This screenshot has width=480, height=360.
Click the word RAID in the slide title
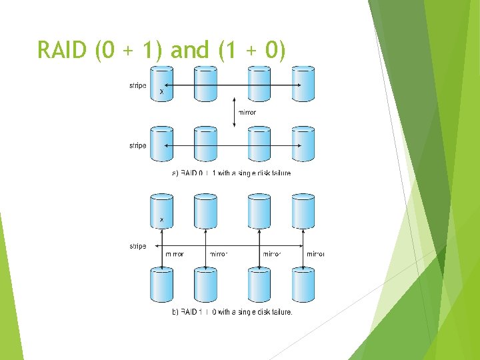click(63, 50)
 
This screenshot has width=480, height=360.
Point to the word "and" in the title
click(190, 50)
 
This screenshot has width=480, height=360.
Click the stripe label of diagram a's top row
click(137, 85)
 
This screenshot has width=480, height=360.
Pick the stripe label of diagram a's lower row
click(137, 145)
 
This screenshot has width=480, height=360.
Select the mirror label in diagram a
click(247, 113)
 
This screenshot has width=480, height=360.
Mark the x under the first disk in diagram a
click(161, 92)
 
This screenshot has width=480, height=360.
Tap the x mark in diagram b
click(162, 219)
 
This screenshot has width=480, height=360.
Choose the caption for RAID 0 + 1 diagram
click(231, 173)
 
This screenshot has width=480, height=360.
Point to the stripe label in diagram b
click(137, 247)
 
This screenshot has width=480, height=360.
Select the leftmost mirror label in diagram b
click(174, 254)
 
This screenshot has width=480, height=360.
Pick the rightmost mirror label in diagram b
click(315, 254)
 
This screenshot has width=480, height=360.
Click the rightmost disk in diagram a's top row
click(303, 84)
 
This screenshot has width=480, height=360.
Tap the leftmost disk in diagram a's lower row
click(162, 144)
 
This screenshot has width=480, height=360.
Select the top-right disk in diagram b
click(303, 211)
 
